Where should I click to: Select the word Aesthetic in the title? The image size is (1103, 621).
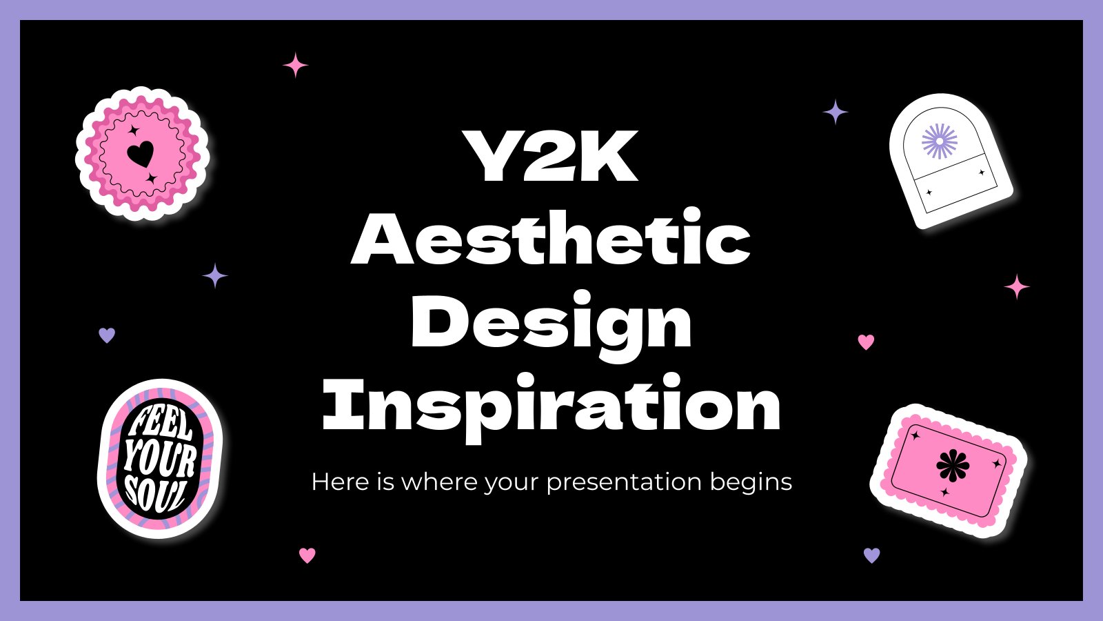[x=551, y=237]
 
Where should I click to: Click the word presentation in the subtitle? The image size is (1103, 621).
[x=624, y=482]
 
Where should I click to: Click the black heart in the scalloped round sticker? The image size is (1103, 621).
[x=141, y=154]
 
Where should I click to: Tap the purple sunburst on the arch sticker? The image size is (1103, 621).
[x=940, y=141]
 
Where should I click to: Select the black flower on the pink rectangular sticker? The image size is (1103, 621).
[x=952, y=465]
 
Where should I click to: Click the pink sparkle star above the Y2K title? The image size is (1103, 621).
[x=296, y=65]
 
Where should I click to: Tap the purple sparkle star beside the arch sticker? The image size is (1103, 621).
[x=835, y=112]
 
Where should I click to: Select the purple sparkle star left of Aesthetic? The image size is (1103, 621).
[x=215, y=275]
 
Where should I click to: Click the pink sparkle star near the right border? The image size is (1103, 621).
[x=1016, y=287]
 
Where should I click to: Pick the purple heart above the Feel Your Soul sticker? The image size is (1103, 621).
[x=107, y=335]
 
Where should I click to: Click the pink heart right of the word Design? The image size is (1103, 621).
[x=866, y=342]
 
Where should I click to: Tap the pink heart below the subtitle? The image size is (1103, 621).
[x=307, y=555]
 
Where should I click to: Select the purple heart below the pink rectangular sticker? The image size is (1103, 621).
[x=871, y=555]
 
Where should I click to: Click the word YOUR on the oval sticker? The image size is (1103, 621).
[x=159, y=460]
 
